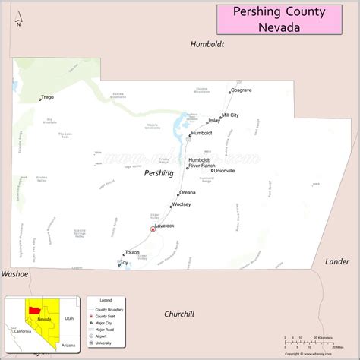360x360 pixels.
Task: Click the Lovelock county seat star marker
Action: pyautogui.click(x=153, y=229)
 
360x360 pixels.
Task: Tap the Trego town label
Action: pyautogui.click(x=48, y=97)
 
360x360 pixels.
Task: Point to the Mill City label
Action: pyautogui.click(x=229, y=115)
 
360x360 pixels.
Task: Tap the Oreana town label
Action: pyautogui.click(x=188, y=192)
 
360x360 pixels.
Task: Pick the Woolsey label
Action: pyautogui.click(x=182, y=205)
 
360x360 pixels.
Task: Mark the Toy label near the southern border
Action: pyautogui.click(x=125, y=263)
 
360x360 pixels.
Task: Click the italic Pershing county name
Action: pyautogui.click(x=159, y=173)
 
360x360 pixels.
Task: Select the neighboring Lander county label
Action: pyautogui.click(x=337, y=261)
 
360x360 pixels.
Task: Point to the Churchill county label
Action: pyautogui.click(x=179, y=314)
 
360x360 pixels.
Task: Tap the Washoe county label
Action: pyautogui.click(x=14, y=273)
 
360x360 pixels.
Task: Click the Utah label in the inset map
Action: pyautogui.click(x=69, y=320)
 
